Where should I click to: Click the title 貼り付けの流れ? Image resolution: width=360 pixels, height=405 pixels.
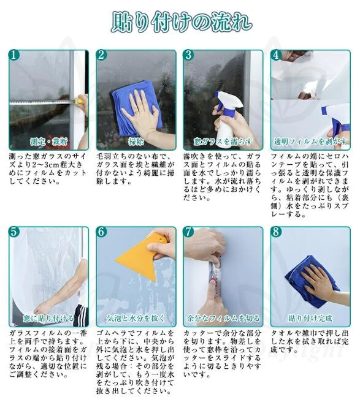pyautogui.click(x=182, y=22)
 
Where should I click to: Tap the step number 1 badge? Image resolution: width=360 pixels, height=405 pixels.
pyautogui.click(x=14, y=55)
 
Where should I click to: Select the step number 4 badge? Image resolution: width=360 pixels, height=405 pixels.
pyautogui.click(x=276, y=55)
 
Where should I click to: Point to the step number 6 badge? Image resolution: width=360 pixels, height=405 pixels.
pyautogui.click(x=101, y=232)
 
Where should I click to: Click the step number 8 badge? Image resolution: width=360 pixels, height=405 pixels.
pyautogui.click(x=276, y=232)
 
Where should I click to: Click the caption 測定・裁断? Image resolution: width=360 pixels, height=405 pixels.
pyautogui.click(x=48, y=142)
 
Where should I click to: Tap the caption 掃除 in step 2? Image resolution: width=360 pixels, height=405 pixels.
pyautogui.click(x=136, y=142)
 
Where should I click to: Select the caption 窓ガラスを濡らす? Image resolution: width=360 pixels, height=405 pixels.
pyautogui.click(x=223, y=142)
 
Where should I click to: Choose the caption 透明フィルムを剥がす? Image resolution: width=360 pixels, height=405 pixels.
pyautogui.click(x=310, y=142)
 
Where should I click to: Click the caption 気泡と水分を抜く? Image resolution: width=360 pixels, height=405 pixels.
pyautogui.click(x=136, y=318)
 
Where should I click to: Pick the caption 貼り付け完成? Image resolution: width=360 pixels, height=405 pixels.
pyautogui.click(x=310, y=318)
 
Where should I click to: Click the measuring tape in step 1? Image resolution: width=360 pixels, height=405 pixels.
pyautogui.click(x=44, y=102)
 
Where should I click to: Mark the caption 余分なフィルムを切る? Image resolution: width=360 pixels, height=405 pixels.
pyautogui.click(x=223, y=318)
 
